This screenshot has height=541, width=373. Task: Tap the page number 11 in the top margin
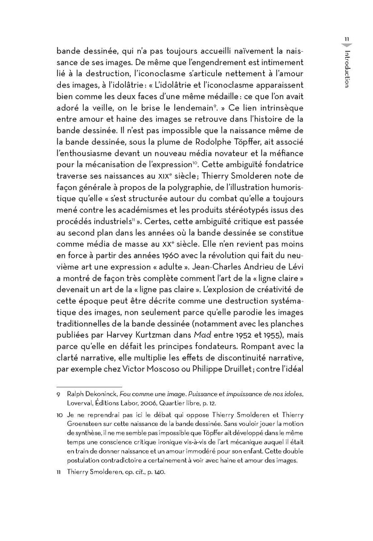tap(346, 39)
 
